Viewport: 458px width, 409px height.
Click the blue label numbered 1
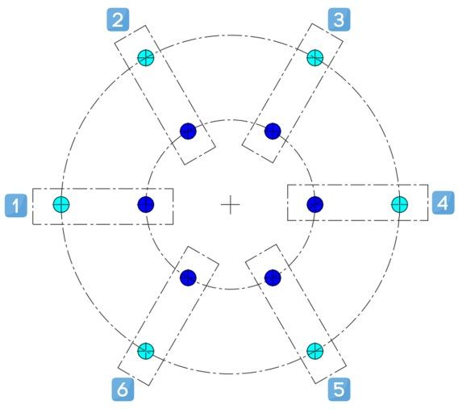(16, 206)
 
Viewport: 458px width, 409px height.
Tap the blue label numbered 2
(118, 20)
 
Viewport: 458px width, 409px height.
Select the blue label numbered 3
(339, 20)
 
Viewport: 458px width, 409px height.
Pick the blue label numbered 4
(443, 202)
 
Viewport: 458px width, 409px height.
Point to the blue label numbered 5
(339, 390)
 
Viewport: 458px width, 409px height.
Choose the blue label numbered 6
(123, 390)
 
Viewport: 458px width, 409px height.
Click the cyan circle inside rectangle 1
(61, 204)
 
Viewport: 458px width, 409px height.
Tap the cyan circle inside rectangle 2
(146, 57)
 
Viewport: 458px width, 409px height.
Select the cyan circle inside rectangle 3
(315, 57)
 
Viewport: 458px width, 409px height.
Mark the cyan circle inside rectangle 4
(400, 204)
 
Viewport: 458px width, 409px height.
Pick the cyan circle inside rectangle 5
(315, 351)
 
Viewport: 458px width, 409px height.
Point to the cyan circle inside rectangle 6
(146, 351)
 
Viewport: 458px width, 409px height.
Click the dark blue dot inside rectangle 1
(146, 204)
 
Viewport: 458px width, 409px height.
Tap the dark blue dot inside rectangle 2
(188, 131)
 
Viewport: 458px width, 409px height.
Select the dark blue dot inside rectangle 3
(273, 131)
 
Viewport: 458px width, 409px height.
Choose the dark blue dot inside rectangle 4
(315, 204)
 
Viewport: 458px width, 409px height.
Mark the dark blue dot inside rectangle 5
(273, 278)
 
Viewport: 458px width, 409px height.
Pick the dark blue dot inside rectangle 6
(188, 278)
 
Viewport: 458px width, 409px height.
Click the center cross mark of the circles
(231, 205)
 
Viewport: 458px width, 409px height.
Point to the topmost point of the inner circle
(231, 119)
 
